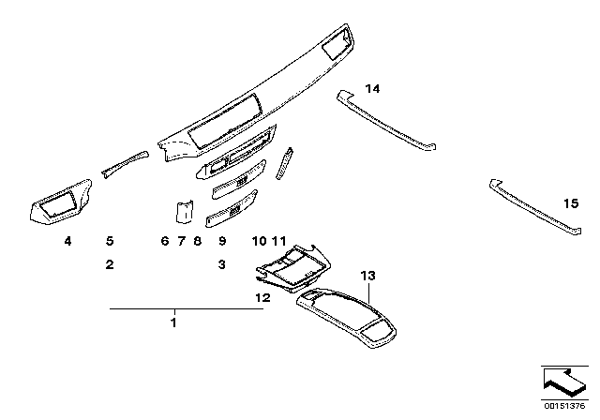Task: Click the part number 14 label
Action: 373,89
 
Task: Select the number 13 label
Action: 367,276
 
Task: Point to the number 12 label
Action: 262,296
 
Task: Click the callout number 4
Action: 67,241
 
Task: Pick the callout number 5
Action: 109,241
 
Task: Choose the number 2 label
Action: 109,265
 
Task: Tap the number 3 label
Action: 222,265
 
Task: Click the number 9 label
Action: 222,241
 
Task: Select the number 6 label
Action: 164,241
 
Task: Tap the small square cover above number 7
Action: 186,212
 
